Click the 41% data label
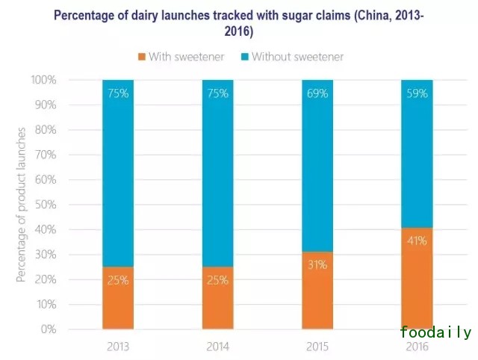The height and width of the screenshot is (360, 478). click(417, 240)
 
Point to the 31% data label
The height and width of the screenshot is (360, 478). click(317, 265)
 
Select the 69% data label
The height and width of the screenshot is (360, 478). click(317, 94)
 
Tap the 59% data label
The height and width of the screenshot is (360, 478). click(417, 94)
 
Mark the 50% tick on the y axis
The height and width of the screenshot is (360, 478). click(44, 205)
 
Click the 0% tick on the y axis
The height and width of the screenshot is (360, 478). click(48, 329)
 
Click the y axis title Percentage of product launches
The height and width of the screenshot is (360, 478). click(22, 205)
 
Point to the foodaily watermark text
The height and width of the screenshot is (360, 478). click(435, 333)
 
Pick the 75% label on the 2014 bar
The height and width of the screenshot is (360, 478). click(217, 94)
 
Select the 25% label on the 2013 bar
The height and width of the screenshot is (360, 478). click(118, 281)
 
